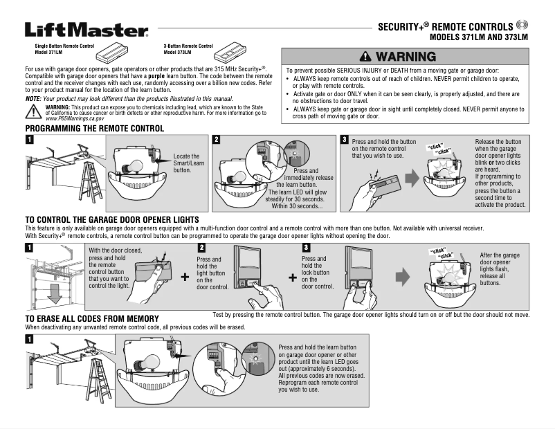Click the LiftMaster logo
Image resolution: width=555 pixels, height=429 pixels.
point(87,30)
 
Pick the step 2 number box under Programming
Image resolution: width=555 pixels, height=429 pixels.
point(217,140)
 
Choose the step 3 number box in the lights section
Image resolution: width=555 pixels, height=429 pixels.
point(307,247)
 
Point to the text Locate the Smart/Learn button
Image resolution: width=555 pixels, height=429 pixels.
point(185,163)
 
